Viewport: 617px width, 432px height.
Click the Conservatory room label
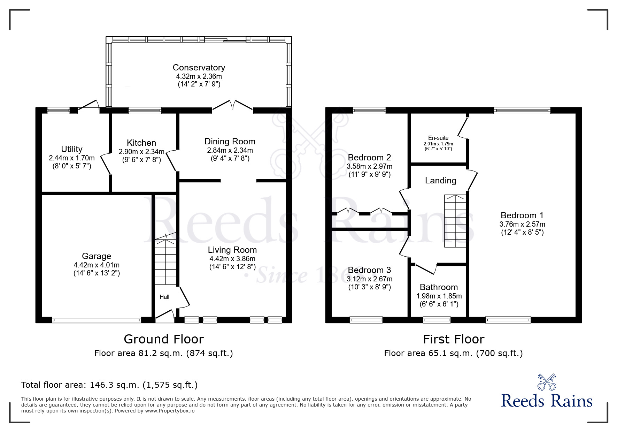[199, 67]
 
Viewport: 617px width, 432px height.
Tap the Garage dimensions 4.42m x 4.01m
[97, 265]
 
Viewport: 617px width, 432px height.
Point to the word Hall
[164, 297]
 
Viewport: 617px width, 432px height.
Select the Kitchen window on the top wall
[145, 111]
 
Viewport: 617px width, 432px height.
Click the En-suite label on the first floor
[438, 138]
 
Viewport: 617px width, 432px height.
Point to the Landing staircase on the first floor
[455, 221]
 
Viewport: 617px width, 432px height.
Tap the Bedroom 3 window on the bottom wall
[366, 319]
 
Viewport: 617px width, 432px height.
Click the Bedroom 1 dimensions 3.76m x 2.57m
[522, 224]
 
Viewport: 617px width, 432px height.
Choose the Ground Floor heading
[164, 339]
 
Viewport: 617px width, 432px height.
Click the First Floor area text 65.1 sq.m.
[453, 353]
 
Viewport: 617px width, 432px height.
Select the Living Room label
[232, 250]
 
